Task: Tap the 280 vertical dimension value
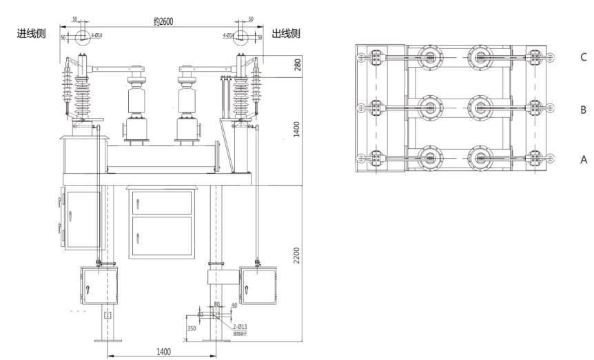click(297, 65)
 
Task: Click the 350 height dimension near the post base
click(192, 330)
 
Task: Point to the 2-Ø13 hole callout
click(240, 327)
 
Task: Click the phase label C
click(584, 59)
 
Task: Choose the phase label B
click(584, 109)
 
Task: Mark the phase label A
click(584, 159)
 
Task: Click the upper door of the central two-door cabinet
click(161, 203)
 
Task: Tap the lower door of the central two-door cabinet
click(161, 237)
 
